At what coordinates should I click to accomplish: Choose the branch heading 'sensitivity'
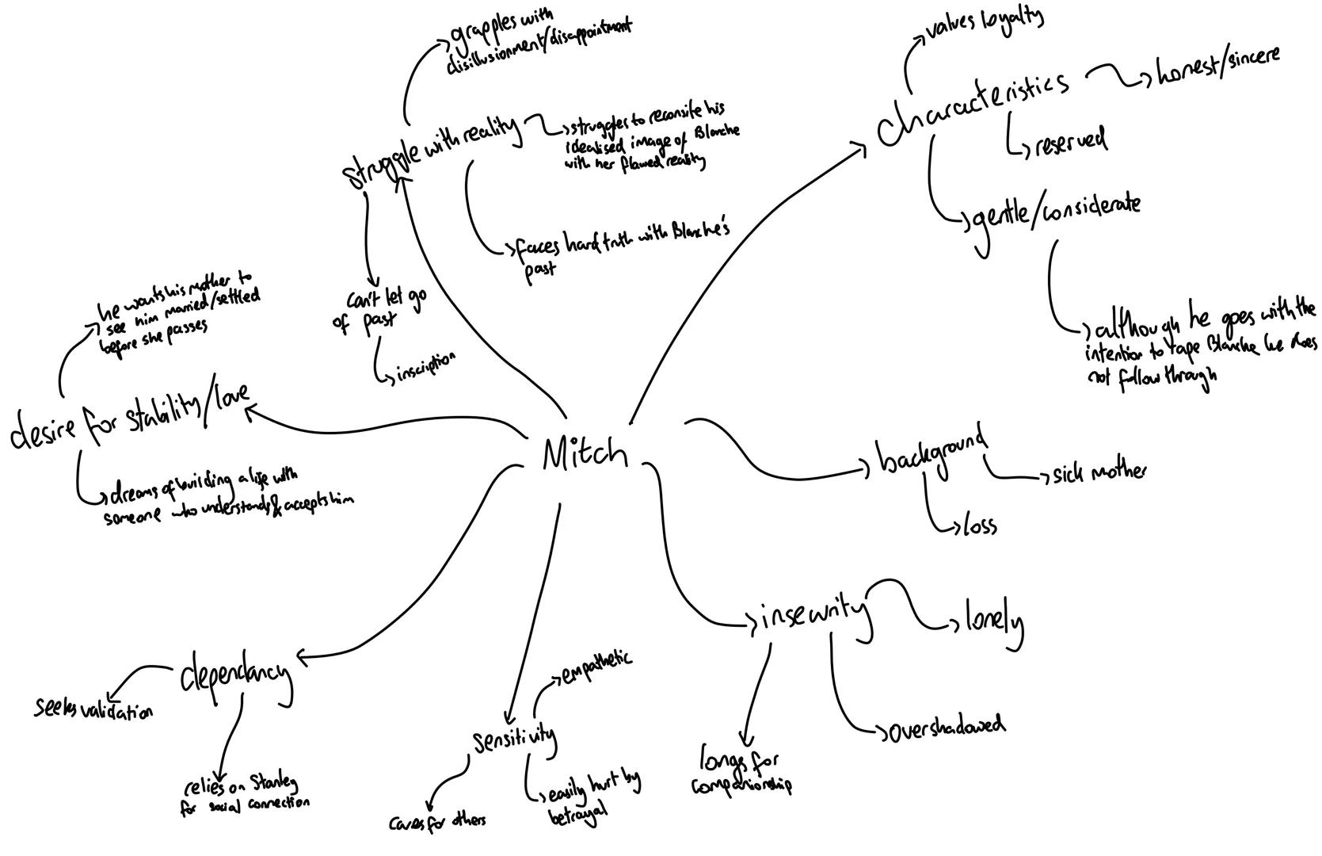pyautogui.click(x=515, y=740)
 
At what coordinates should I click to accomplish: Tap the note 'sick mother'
pyautogui.click(x=1098, y=474)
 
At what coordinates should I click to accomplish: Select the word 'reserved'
pyautogui.click(x=1070, y=142)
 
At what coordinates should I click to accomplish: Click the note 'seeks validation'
pyautogui.click(x=93, y=709)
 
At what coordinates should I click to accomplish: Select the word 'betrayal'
pyautogui.click(x=577, y=813)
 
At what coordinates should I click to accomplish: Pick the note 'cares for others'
pyautogui.click(x=437, y=822)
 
